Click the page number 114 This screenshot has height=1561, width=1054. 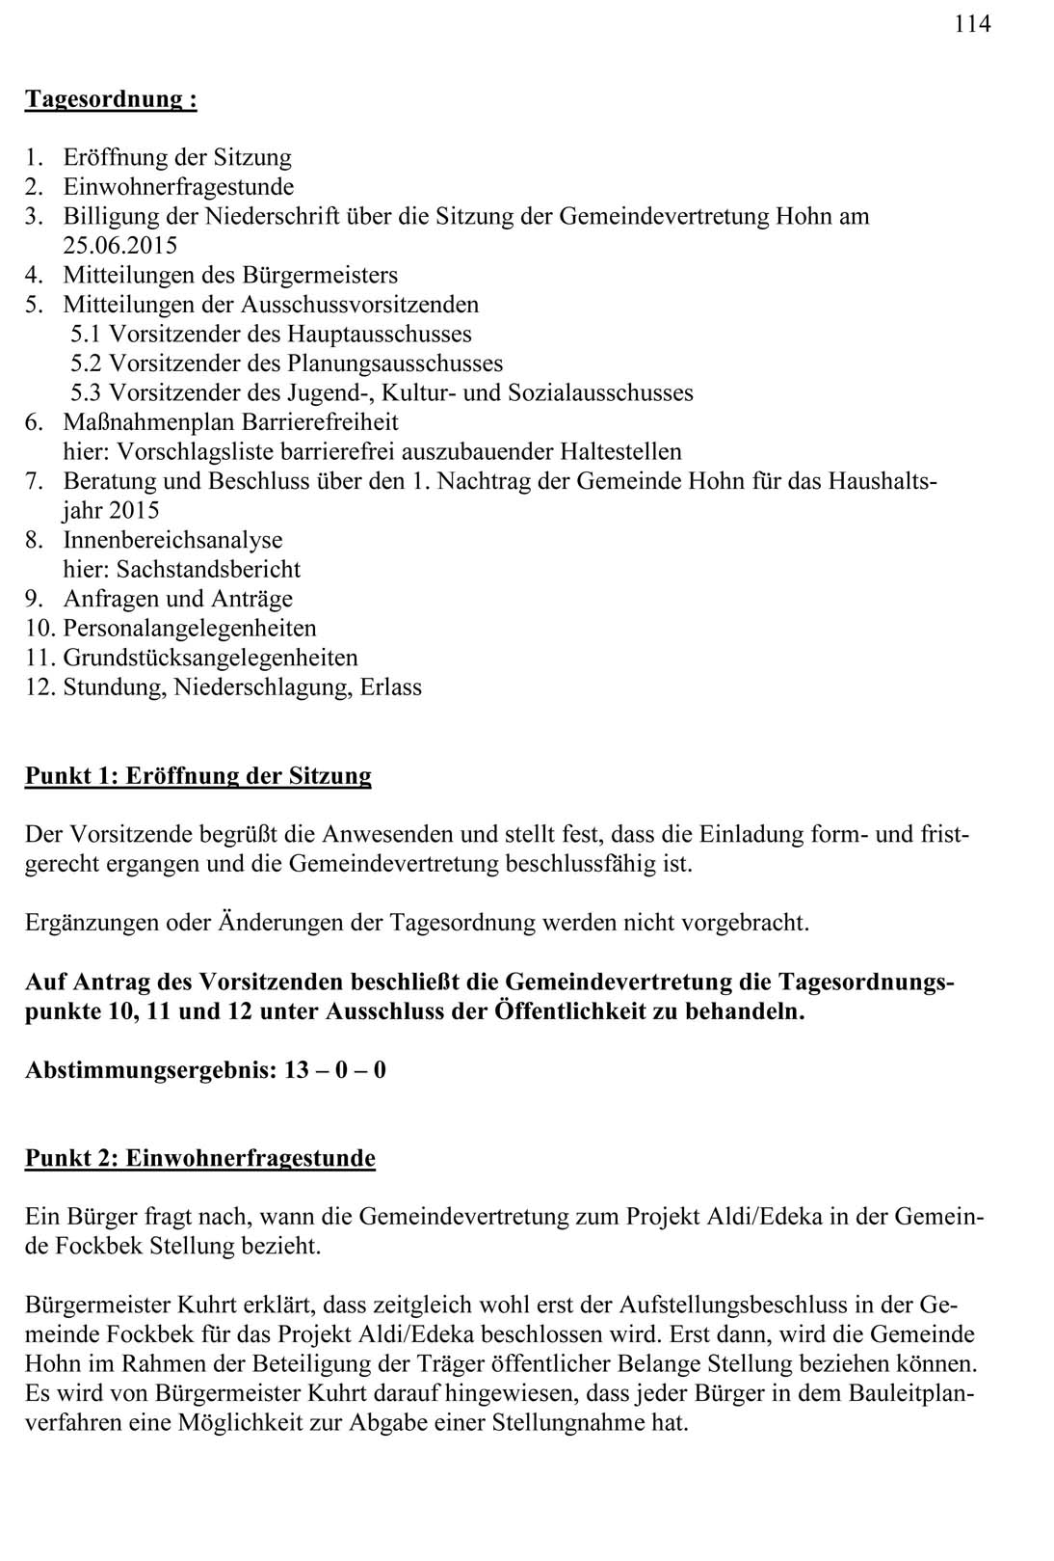[972, 24]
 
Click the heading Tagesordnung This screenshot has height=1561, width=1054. [110, 99]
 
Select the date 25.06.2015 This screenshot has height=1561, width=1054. [120, 246]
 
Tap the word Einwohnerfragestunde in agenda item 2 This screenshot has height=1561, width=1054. [178, 186]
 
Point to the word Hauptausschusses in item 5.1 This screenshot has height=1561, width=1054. [379, 335]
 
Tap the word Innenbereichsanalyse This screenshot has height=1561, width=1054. [173, 540]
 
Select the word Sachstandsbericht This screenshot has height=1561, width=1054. [208, 569]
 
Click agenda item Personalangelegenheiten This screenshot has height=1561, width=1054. [190, 629]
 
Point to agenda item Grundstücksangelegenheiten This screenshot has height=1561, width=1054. [210, 659]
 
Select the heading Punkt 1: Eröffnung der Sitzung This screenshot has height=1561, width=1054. [198, 776]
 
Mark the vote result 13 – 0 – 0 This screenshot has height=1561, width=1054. [335, 1070]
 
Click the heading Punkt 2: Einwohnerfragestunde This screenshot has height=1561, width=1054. [200, 1158]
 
